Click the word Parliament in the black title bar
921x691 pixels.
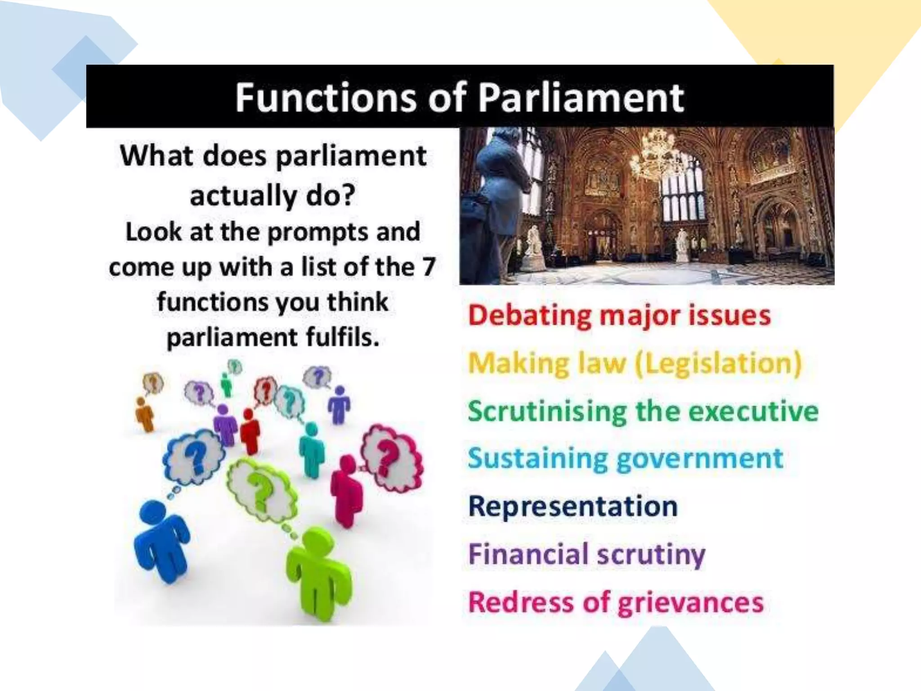coord(580,98)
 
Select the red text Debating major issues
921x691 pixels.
coord(619,315)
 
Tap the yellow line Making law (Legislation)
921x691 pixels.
coord(635,363)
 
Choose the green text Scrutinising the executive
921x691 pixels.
coord(643,411)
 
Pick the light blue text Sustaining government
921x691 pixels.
coord(625,459)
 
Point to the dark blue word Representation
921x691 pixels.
coord(572,507)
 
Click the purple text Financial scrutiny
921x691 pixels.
coord(586,554)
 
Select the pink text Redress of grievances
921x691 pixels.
coord(616,602)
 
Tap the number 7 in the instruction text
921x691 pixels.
coord(429,267)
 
